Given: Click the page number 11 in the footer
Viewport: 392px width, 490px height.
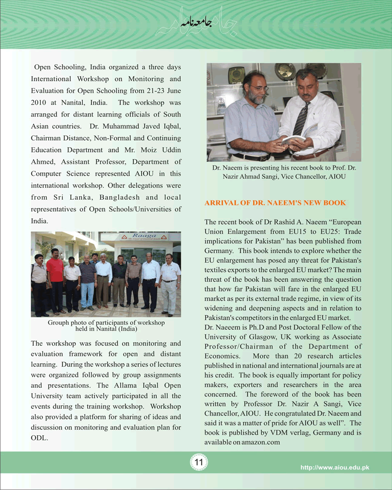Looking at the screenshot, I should point(199,462).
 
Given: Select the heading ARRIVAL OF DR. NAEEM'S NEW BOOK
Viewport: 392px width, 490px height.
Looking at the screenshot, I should point(275,203).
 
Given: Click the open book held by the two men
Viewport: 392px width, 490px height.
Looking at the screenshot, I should point(293,139).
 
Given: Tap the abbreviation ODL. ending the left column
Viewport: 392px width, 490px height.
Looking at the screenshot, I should point(39,438).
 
